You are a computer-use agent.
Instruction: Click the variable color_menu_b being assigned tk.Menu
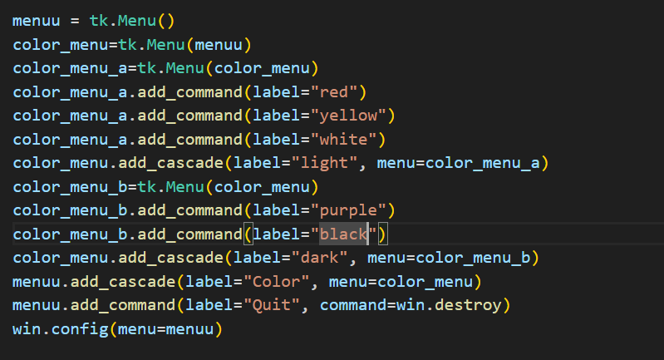(x=66, y=186)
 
